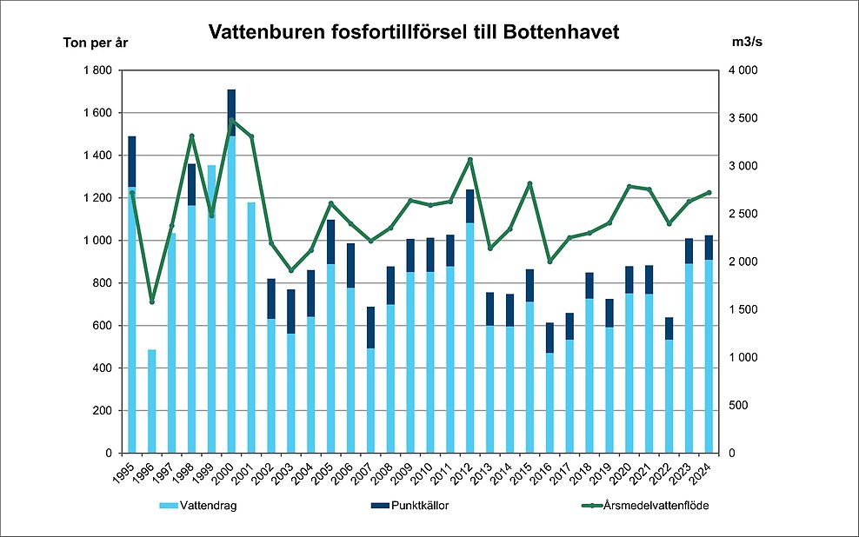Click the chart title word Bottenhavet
pos(561,33)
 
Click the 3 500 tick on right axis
pos(744,118)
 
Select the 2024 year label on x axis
pos(705,474)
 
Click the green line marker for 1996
pos(152,302)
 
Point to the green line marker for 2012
pos(470,160)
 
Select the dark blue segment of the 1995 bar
pos(132,162)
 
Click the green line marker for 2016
pos(549,262)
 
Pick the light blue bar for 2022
pos(669,396)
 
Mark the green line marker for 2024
pos(709,193)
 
